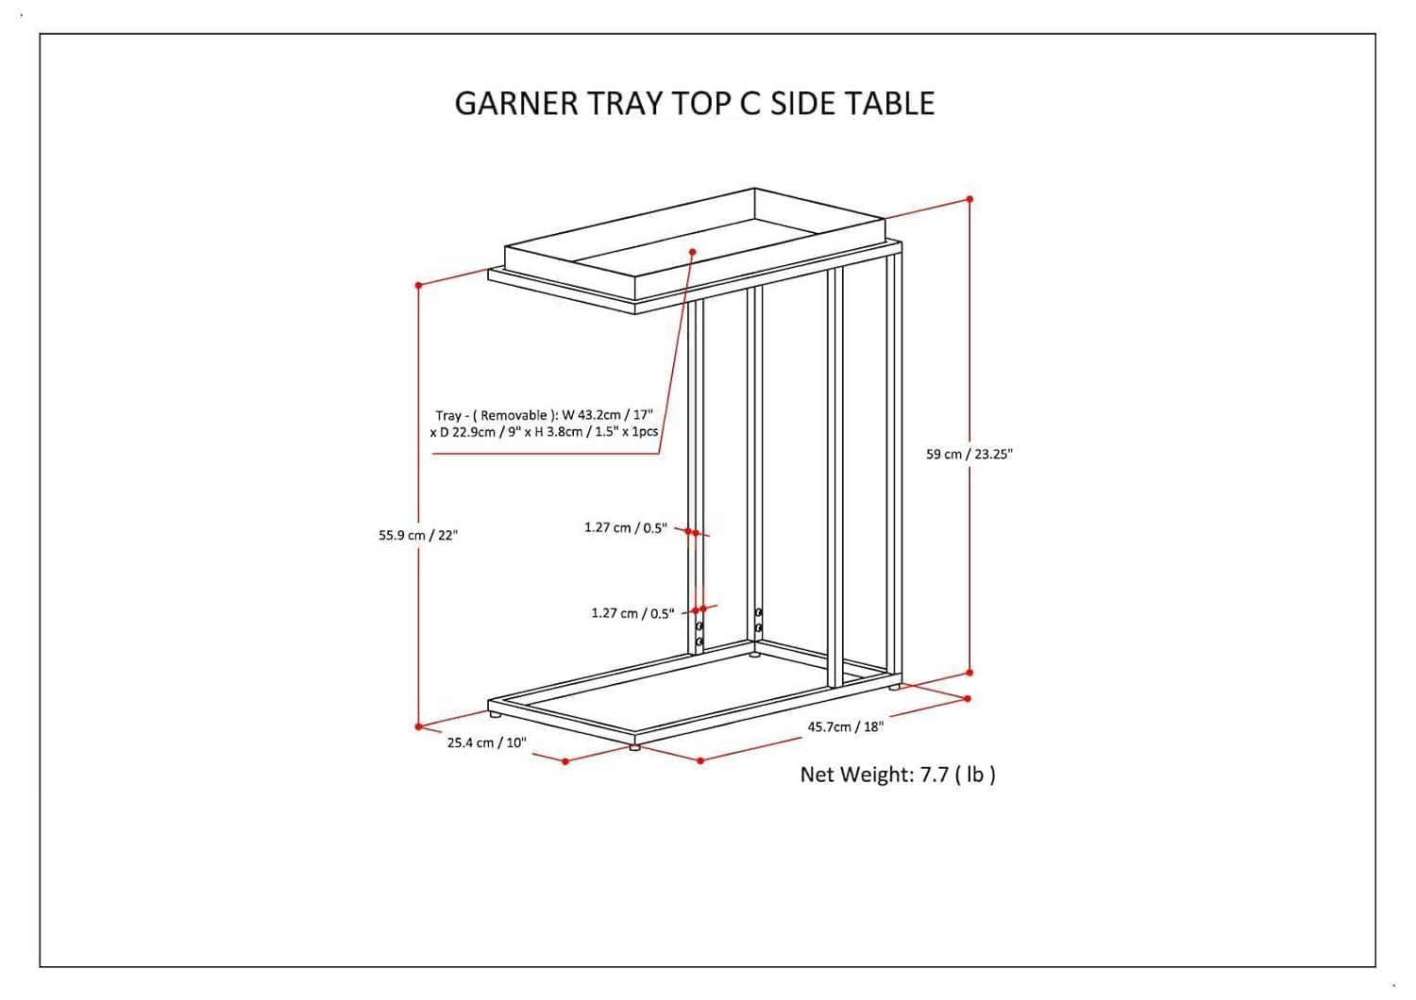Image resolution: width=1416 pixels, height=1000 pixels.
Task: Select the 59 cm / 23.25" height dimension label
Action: [x=969, y=455]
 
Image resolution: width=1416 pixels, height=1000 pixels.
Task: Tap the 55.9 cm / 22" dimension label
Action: [x=418, y=536]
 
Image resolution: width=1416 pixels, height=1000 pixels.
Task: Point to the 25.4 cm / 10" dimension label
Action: [x=486, y=743]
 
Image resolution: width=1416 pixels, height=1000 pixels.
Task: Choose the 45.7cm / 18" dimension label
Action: [x=845, y=727]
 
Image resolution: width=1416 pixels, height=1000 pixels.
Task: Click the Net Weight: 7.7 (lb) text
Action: [x=898, y=775]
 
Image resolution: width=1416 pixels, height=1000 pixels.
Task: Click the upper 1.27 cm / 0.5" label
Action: [x=625, y=528]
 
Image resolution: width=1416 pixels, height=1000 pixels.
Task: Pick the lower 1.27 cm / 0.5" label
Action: [x=632, y=614]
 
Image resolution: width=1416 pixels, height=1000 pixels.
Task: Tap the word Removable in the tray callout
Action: [x=514, y=416]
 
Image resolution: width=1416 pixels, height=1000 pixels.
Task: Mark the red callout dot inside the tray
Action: [x=692, y=252]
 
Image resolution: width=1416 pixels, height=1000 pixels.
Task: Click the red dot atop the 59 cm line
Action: [x=969, y=199]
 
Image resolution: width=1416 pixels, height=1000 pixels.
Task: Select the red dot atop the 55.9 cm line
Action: [x=418, y=285]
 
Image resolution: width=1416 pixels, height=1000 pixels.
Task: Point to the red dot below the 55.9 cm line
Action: [x=418, y=726]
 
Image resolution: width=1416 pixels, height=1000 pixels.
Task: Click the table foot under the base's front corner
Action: [x=634, y=747]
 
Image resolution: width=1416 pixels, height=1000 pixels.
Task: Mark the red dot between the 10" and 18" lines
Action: [x=700, y=760]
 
